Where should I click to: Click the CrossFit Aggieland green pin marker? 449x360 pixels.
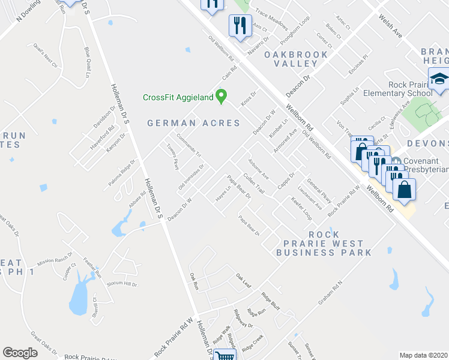pos(221,95)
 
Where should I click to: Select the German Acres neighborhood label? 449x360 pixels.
pos(194,123)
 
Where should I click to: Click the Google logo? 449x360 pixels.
pos(20,353)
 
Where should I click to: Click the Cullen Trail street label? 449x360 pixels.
pos(254,184)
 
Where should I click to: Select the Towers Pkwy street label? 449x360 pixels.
pos(173,155)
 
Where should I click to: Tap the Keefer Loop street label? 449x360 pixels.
pos(301,206)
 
